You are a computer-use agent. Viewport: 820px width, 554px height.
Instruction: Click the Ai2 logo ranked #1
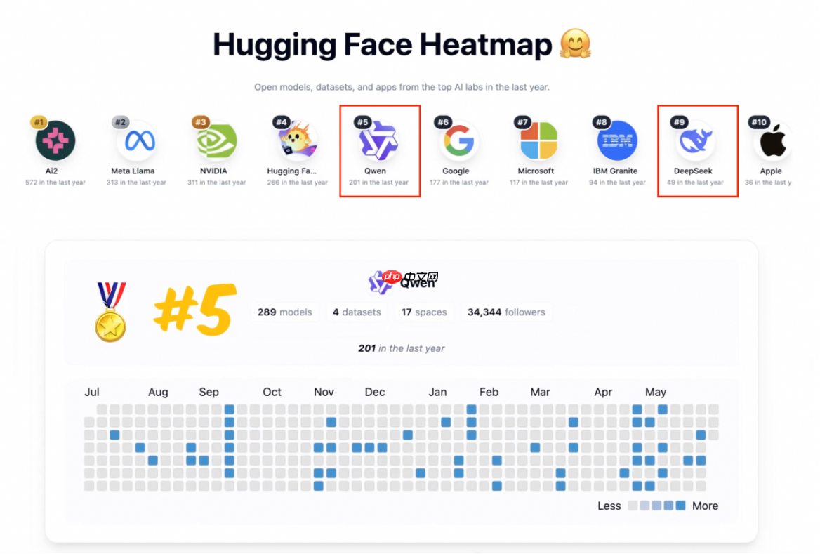coord(55,140)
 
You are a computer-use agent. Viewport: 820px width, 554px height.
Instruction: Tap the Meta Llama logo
coord(135,141)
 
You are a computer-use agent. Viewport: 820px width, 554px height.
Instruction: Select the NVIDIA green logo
coord(216,141)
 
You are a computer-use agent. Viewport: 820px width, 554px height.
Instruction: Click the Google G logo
coord(459,141)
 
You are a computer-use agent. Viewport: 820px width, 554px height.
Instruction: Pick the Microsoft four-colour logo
coord(538,141)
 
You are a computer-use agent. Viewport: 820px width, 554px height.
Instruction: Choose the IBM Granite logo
coord(617,141)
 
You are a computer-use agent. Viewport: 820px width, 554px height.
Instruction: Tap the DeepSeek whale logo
coord(695,141)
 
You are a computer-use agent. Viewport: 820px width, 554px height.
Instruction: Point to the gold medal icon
coord(111,312)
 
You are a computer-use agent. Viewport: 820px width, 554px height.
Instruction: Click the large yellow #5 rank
coord(192,309)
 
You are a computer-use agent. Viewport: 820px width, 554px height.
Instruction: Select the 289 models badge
coord(284,312)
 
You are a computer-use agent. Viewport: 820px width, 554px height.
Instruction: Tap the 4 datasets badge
coord(357,312)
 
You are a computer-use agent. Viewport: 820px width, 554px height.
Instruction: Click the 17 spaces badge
coord(424,312)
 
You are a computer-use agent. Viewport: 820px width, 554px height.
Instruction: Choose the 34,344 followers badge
coord(506,312)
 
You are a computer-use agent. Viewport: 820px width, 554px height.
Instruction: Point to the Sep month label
coord(209,392)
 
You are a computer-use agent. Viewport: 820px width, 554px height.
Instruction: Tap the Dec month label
coord(375,392)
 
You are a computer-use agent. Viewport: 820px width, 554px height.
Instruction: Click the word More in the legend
coord(705,506)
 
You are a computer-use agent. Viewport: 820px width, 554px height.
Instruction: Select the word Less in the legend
coord(609,506)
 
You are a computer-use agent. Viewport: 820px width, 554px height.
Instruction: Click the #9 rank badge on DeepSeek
coord(679,122)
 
